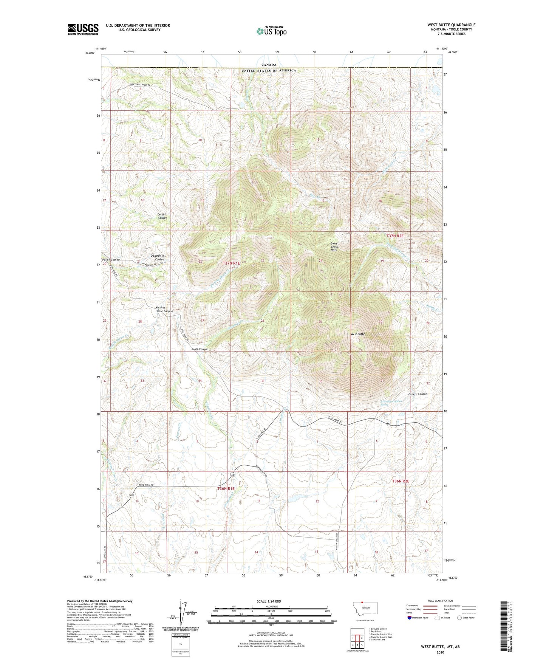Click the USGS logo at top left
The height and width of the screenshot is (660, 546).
point(83,29)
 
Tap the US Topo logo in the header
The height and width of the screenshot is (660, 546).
point(271,31)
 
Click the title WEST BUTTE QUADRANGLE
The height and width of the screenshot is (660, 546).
point(451,25)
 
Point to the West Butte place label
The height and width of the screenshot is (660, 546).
point(357,334)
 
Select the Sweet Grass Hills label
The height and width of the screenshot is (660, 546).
point(334,246)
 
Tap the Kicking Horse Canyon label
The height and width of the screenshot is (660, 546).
point(164,309)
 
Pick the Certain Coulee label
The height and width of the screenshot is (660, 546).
point(162,216)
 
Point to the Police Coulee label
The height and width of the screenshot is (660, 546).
point(111,260)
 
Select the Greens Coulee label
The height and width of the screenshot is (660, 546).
point(418,394)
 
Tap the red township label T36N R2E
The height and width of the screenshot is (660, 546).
point(401,481)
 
